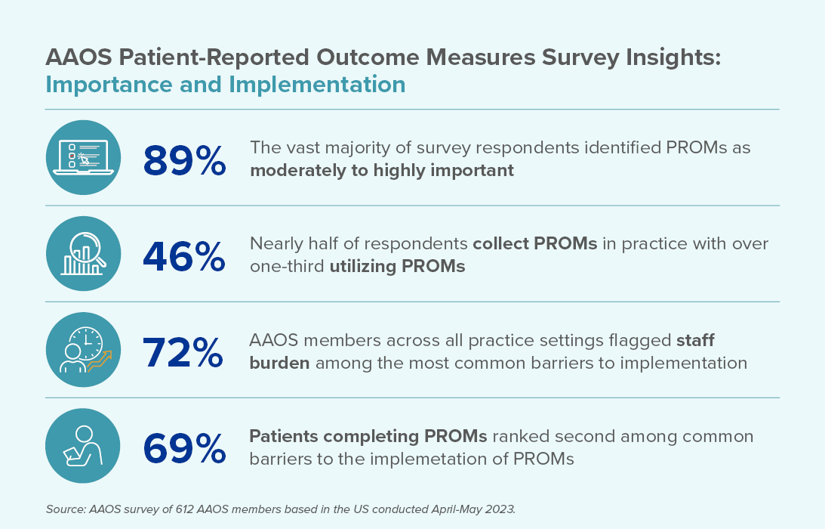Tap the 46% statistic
(184, 255)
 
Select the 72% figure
(184, 352)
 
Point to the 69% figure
(184, 448)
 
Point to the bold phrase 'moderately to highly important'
(382, 170)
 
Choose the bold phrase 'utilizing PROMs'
(397, 267)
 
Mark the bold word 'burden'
(279, 363)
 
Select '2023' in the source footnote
(499, 509)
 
